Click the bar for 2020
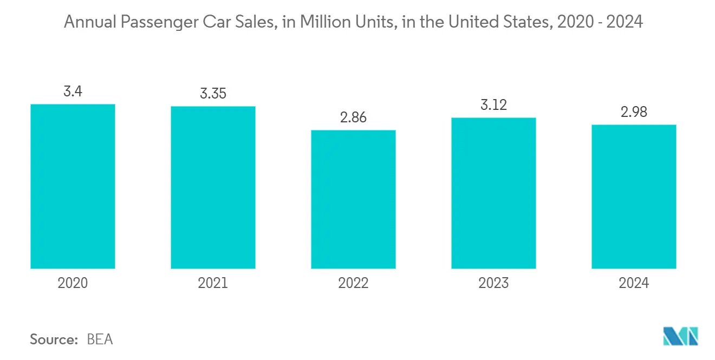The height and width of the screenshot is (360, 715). click(73, 186)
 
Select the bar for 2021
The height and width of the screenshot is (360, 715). click(213, 187)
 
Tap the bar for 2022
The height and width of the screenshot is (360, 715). click(353, 199)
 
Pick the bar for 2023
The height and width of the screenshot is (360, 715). click(493, 193)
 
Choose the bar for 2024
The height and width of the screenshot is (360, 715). click(634, 197)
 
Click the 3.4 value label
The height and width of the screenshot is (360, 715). click(73, 91)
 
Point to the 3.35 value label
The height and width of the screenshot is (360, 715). click(213, 94)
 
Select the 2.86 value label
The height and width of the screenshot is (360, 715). click(353, 117)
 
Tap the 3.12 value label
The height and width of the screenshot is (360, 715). click(493, 105)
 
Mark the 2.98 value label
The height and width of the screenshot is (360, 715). click(634, 112)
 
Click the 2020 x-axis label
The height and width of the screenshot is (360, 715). click(73, 283)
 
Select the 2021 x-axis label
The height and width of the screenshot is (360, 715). click(213, 283)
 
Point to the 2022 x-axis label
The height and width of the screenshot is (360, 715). click(353, 283)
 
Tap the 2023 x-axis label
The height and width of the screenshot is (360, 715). click(493, 283)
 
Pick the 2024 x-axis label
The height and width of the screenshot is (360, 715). click(634, 283)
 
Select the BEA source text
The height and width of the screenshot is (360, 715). click(100, 339)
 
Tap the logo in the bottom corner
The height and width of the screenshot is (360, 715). click(681, 337)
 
